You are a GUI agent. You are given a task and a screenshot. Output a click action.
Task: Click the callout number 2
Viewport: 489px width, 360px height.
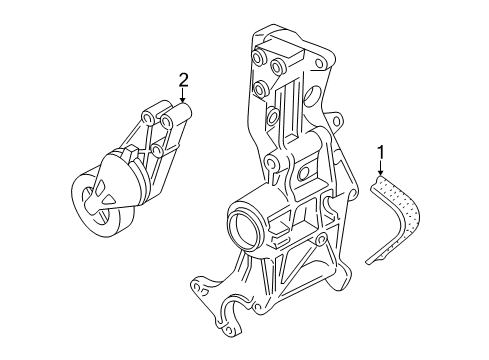pyautogui.click(x=183, y=80)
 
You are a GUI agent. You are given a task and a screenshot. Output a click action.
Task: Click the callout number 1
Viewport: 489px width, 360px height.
pyautogui.click(x=380, y=152)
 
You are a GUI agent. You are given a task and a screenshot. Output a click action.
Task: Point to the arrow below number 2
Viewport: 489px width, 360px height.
pyautogui.click(x=182, y=95)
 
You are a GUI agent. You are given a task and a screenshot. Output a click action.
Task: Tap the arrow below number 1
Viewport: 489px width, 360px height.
pyautogui.click(x=380, y=168)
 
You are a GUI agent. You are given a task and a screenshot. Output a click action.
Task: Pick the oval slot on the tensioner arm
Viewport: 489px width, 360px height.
pyautogui.click(x=100, y=188)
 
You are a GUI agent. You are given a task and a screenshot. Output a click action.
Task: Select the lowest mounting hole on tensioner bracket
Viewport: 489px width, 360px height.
pyautogui.click(x=156, y=150)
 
